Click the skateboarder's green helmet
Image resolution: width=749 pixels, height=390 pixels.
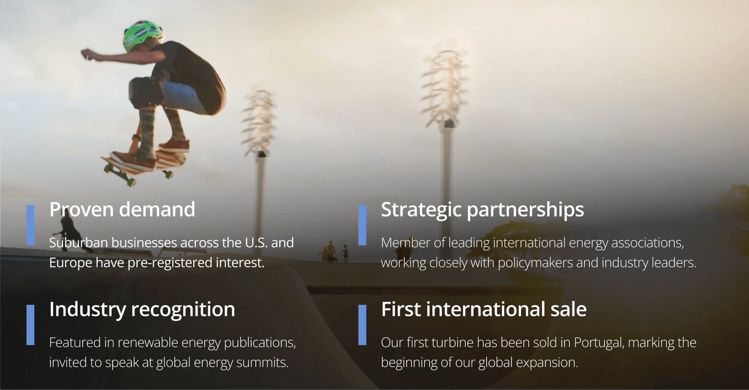143,35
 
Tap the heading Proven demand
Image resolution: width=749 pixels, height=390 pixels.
122,209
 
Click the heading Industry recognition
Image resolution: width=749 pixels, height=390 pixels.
142,310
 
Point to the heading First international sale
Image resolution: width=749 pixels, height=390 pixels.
483,309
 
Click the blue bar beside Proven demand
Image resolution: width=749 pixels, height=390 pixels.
30,225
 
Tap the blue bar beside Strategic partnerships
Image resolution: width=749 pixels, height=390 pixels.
362,225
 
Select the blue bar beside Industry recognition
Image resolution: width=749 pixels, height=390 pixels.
30,325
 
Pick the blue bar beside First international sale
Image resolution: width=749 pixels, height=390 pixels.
362,325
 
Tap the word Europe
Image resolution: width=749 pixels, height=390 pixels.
71,263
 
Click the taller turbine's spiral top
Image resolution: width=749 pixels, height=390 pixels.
445,84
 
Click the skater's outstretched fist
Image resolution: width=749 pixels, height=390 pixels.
87,54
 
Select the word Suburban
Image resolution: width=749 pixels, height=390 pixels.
78,243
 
